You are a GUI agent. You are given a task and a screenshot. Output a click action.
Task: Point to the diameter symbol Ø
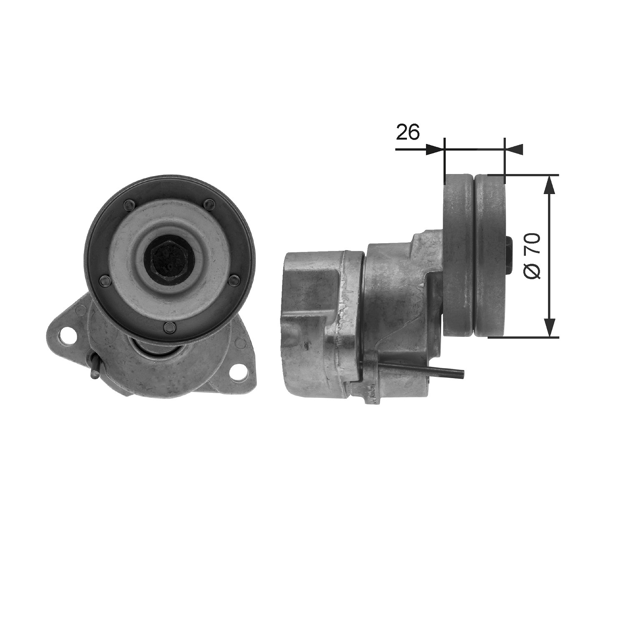[x=532, y=271]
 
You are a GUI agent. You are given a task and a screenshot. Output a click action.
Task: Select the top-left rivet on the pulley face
[x=128, y=204]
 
